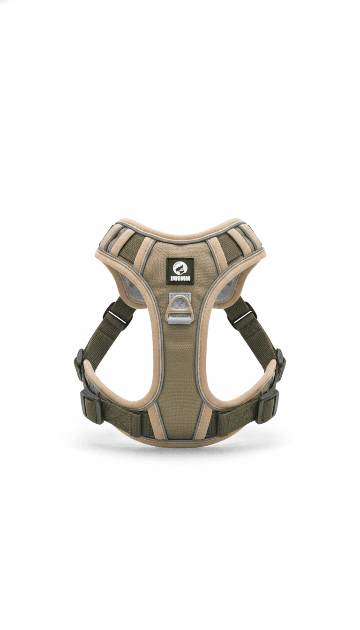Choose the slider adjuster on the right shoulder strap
click(x=242, y=313)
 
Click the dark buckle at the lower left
click(x=90, y=407)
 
